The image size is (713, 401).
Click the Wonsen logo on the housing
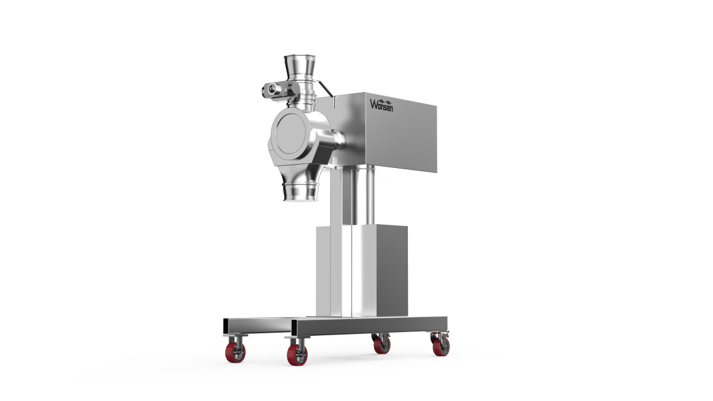coord(381,105)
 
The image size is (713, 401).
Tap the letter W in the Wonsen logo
coord(373,104)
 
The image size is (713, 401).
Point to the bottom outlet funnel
coord(300,190)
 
